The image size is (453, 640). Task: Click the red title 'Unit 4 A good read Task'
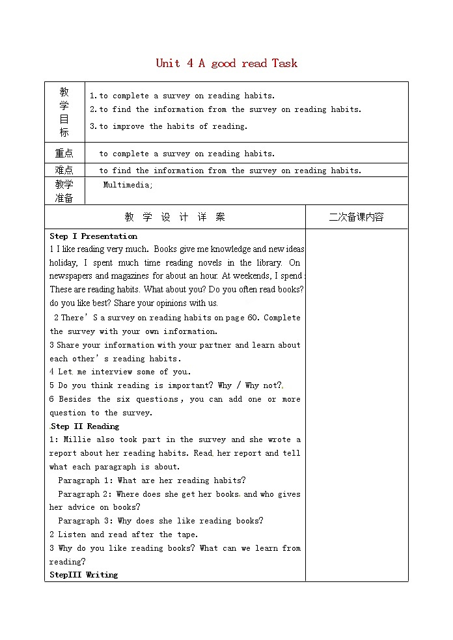226,63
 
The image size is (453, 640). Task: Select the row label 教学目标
64,111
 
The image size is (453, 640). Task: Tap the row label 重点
64,154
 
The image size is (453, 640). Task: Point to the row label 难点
64,171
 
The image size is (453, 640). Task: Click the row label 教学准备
64,191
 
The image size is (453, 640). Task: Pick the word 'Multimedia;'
128,185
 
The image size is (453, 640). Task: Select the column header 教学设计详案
174,217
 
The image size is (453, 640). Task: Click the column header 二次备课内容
356,217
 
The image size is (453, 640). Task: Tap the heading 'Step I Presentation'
93,236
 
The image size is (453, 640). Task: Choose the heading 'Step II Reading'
85,426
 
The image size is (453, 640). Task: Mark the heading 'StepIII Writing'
84,575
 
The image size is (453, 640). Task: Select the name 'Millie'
77,440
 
